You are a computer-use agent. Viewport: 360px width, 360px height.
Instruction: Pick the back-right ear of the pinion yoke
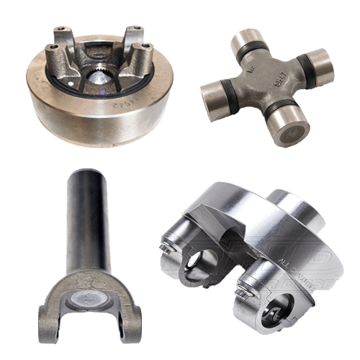click(133, 35)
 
